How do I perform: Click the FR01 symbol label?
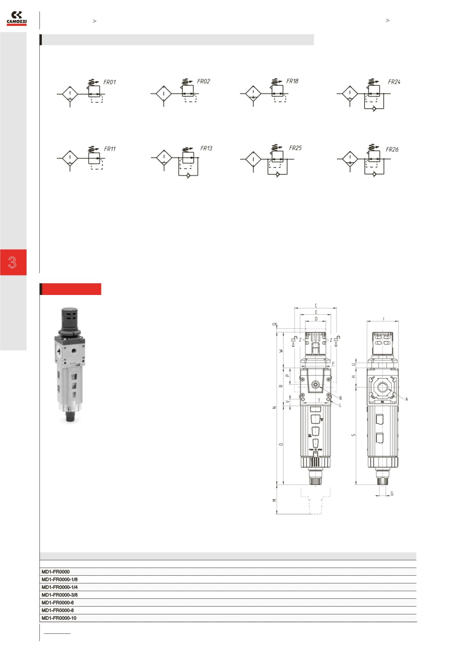tap(110, 82)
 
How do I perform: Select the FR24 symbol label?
tap(394, 82)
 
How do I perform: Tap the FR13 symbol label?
tap(206, 148)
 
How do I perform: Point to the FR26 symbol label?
tap(392, 149)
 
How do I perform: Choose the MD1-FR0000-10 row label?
tap(59, 618)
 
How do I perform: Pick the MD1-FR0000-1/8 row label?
tap(60, 579)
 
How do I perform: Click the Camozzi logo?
tap(17, 18)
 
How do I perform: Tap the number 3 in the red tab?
tap(13, 263)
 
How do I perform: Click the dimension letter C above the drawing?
tap(316, 306)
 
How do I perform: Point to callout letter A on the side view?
tap(406, 399)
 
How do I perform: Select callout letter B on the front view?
tap(340, 398)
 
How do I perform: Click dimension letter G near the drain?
tap(392, 493)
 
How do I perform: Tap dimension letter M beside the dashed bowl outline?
tap(274, 500)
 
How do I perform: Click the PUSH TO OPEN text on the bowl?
tap(315, 450)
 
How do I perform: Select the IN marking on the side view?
tap(382, 402)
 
